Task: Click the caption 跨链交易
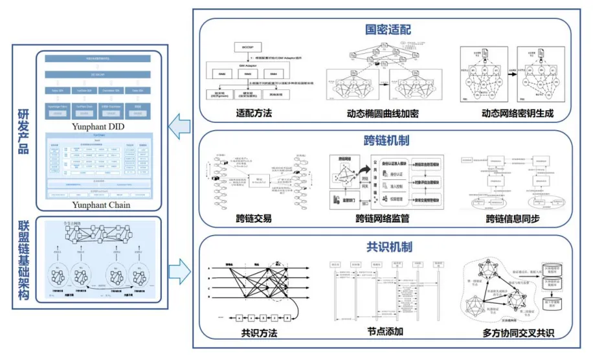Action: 254,219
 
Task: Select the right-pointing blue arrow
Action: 179,267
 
